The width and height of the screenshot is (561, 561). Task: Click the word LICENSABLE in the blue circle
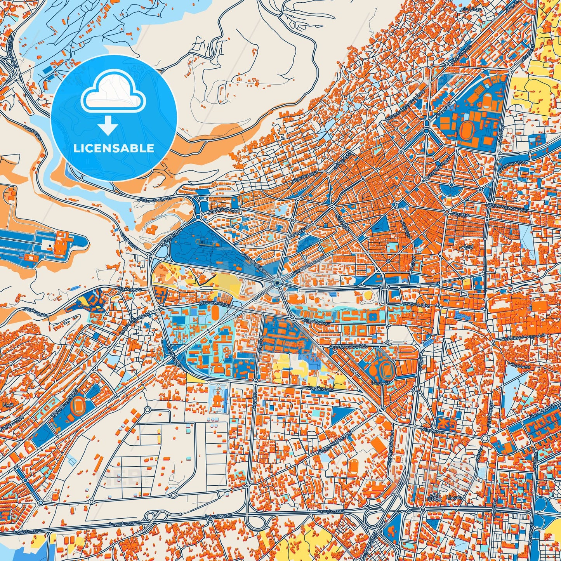pos(114,148)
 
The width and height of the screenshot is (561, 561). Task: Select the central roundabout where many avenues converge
pos(276,283)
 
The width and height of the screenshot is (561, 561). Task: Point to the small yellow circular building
pos(368,296)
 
